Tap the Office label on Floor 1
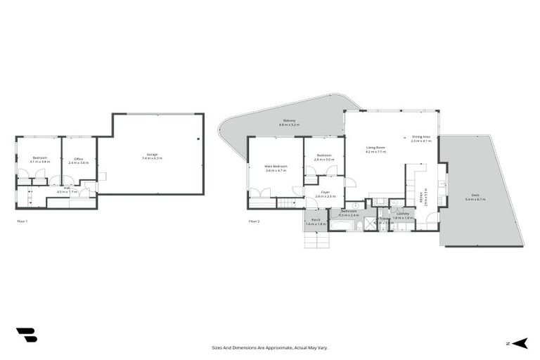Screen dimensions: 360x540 (79, 160)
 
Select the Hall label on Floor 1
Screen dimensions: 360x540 (67, 189)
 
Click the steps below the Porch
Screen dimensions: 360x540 (316, 240)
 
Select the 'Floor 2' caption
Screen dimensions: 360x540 (254, 221)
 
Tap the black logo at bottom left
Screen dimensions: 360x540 (26, 335)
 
